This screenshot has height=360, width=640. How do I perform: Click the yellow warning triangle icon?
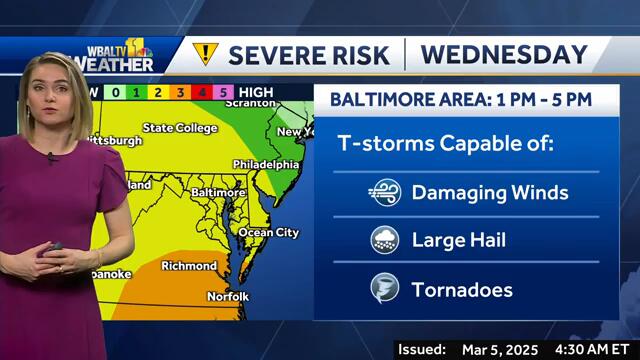point(204,53)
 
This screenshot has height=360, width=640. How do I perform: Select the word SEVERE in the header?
point(273,53)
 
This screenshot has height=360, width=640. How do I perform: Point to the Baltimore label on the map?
point(218,191)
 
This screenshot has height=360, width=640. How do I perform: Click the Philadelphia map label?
point(265,163)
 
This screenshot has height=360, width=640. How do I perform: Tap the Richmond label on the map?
point(189,266)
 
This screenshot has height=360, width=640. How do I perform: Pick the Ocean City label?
point(268,233)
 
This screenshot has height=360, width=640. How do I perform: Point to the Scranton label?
point(249,102)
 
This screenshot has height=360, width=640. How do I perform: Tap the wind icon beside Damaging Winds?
point(384,193)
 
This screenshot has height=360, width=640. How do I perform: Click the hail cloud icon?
point(384,240)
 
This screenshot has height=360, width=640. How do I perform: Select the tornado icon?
point(384,290)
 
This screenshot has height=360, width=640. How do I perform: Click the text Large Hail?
point(459,240)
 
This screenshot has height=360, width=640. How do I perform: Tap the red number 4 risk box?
point(202,93)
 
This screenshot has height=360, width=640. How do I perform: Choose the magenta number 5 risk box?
point(224,93)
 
